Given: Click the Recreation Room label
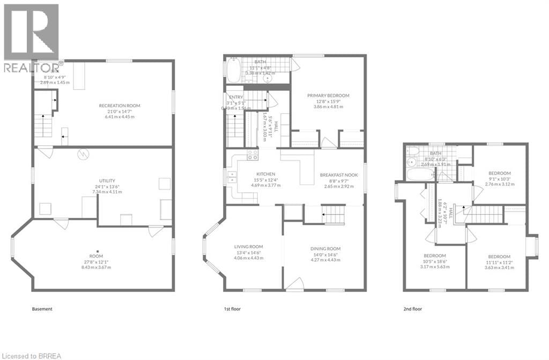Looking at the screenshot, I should (x=120, y=106).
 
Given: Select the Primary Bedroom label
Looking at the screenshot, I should (x=328, y=95).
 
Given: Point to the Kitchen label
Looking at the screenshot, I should (x=266, y=174).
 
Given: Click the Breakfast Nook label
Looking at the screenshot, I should (x=338, y=175).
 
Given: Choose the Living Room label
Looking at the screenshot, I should (x=248, y=247).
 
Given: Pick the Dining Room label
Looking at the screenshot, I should (x=325, y=248).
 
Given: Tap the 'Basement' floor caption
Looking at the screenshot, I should (x=42, y=309).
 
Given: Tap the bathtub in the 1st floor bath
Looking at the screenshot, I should (x=234, y=70).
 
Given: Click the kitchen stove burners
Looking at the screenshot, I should (x=252, y=155).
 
